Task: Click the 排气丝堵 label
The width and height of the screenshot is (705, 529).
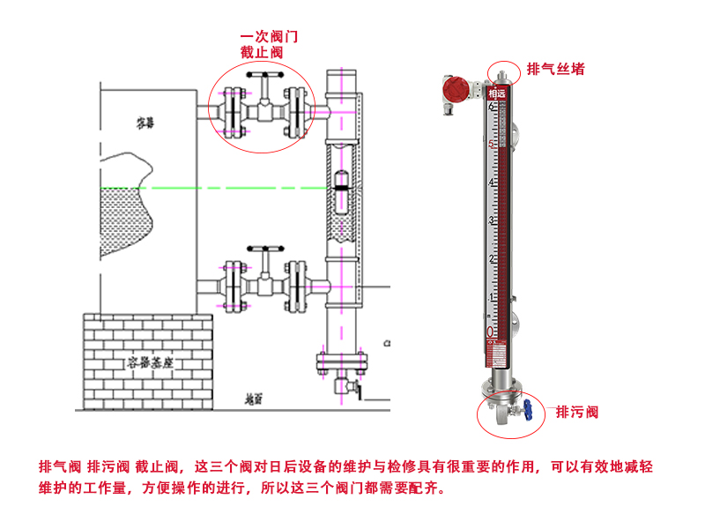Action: point(555,69)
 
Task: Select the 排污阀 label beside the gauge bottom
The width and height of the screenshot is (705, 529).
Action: point(577,412)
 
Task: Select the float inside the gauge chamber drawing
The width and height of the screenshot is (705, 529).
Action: point(342,187)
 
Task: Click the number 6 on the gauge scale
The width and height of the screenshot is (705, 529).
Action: point(491,107)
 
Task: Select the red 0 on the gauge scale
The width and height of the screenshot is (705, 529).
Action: point(491,332)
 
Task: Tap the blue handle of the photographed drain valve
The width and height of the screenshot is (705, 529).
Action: point(524,408)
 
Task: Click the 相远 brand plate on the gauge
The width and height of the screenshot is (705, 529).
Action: point(497,93)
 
